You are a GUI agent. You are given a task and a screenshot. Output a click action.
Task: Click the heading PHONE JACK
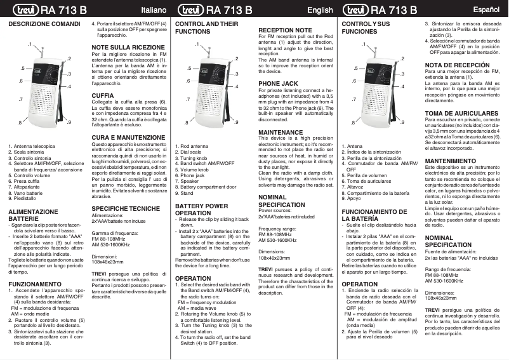279,83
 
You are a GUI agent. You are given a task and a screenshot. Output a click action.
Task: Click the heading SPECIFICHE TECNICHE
126,208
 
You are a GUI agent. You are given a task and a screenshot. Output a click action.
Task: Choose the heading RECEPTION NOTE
286,30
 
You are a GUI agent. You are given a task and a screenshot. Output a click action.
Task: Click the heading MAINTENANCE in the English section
281,132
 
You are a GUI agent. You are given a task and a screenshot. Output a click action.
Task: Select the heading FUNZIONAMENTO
35,284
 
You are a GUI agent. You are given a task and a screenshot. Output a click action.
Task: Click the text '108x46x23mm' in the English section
275,258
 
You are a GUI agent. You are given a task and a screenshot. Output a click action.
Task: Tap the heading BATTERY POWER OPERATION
201,210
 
